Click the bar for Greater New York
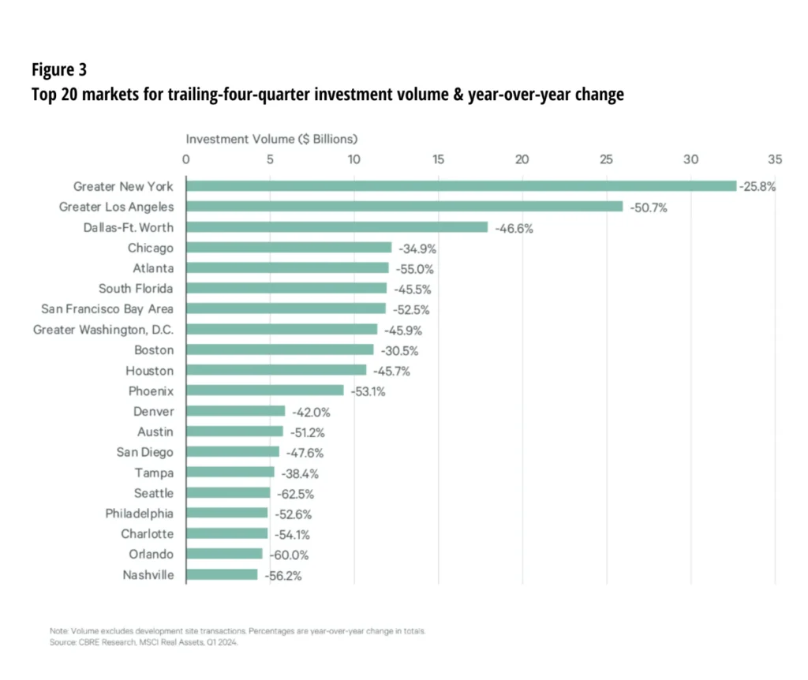[x=461, y=186]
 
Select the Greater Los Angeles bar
[x=404, y=207]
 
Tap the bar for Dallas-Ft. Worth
[x=337, y=227]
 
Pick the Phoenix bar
[x=265, y=390]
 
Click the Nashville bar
[x=222, y=574]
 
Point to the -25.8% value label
[x=757, y=187]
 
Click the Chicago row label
[x=151, y=248]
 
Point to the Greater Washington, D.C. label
[x=103, y=330]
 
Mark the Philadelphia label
[x=140, y=514]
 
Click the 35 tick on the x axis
[x=775, y=159]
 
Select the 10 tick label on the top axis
[x=353, y=159]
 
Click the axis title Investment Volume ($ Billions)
[x=271, y=139]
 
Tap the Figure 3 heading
[x=59, y=69]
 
